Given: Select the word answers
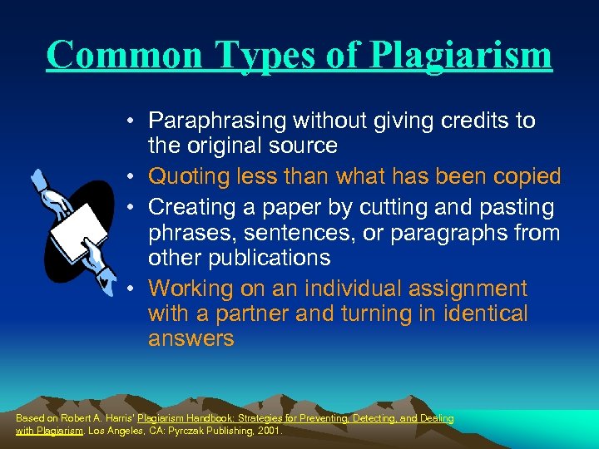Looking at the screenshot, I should (191, 339).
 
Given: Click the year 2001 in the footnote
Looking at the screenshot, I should (270, 432).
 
